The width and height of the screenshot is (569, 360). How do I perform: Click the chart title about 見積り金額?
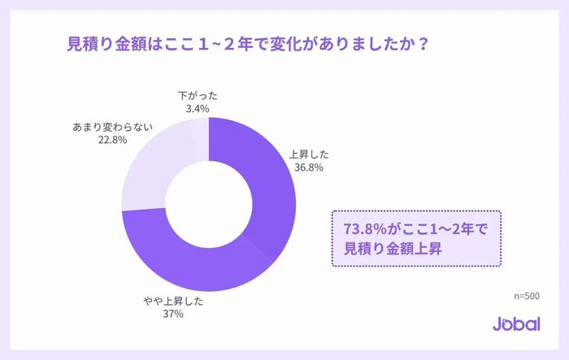point(247,44)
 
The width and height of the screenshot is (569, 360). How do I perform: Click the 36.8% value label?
point(310,168)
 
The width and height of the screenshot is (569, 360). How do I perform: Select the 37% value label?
point(172,314)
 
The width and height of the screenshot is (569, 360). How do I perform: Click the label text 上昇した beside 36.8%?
point(310,154)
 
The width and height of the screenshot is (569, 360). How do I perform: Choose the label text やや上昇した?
point(172,301)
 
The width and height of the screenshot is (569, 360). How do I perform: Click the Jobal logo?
point(516,323)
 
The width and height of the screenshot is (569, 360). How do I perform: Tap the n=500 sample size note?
point(527,296)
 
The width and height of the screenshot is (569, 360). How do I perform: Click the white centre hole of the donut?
point(208,203)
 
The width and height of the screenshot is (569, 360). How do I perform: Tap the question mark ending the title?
point(423,44)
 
